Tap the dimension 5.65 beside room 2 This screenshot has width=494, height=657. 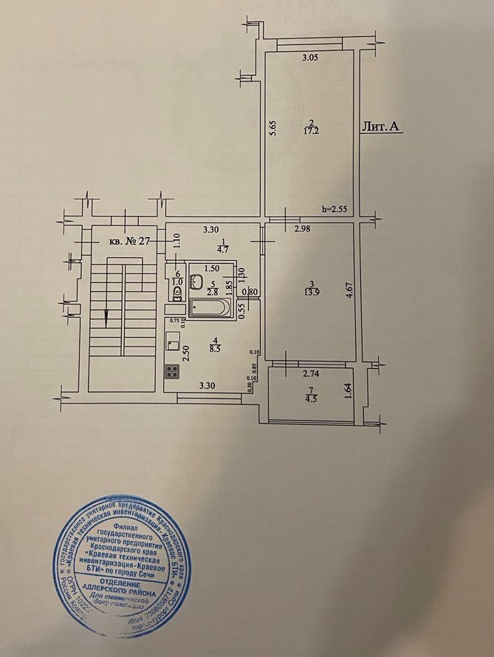pyautogui.click(x=272, y=131)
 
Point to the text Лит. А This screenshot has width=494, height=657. pyautogui.click(x=381, y=128)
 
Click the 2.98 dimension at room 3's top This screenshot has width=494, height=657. pyautogui.click(x=301, y=231)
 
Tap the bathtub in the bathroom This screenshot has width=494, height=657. pyautogui.click(x=211, y=307)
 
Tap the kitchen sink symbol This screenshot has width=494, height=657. pyautogui.click(x=172, y=341)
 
